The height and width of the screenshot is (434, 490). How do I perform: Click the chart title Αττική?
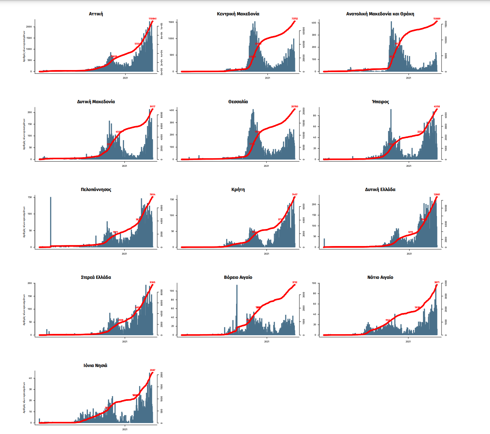click(x=96, y=14)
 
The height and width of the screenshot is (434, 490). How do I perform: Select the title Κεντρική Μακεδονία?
click(x=238, y=14)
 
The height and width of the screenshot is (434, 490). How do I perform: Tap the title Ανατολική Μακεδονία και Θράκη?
click(x=380, y=14)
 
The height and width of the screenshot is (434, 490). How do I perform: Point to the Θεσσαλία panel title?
click(x=238, y=102)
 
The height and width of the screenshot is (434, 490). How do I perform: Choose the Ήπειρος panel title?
click(x=380, y=102)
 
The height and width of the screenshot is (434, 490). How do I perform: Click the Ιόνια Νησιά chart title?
click(x=95, y=366)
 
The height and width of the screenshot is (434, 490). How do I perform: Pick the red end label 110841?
click(x=152, y=19)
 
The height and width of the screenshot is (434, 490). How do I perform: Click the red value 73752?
click(x=295, y=19)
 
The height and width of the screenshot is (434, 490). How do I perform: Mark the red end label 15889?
click(x=437, y=19)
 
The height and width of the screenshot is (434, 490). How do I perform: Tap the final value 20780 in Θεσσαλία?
click(x=295, y=107)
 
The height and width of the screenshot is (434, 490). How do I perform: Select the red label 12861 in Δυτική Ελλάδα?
click(x=437, y=194)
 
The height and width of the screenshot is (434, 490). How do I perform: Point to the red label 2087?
click(x=152, y=370)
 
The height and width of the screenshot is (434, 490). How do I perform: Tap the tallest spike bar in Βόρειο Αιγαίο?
click(x=237, y=308)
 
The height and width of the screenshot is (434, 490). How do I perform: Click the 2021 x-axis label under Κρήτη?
click(x=267, y=254)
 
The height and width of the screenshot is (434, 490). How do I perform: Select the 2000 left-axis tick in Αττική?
click(x=29, y=27)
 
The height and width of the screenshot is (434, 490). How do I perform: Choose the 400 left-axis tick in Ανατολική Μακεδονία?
click(x=313, y=23)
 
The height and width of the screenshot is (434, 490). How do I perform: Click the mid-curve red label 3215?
click(x=410, y=232)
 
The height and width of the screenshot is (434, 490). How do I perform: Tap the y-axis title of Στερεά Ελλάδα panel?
click(x=24, y=309)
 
